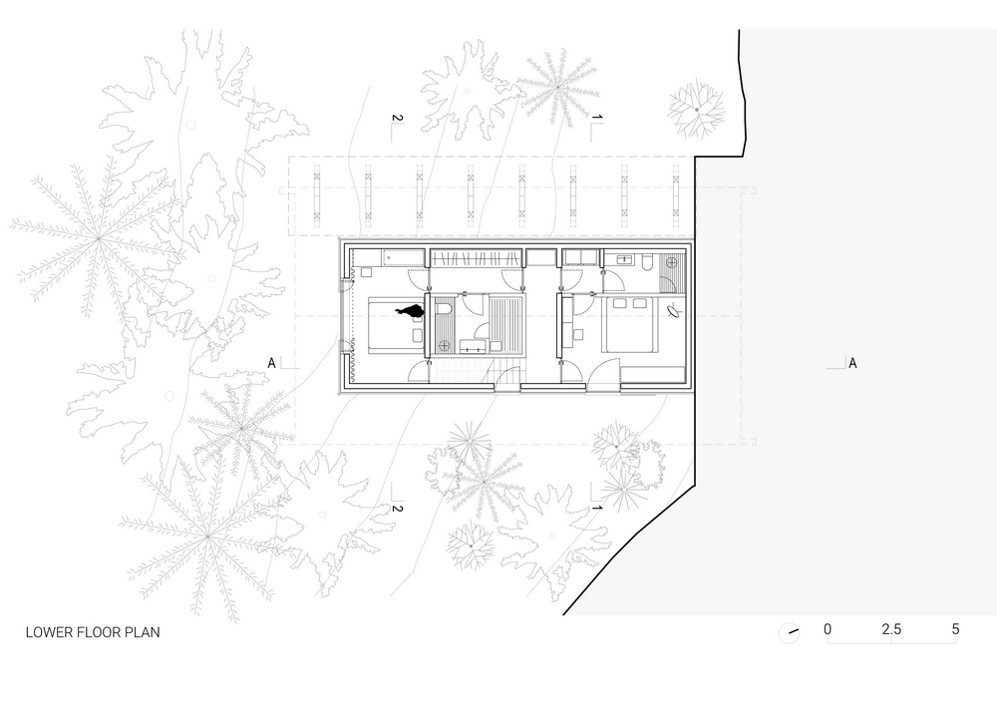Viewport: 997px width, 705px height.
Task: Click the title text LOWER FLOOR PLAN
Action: click(92, 632)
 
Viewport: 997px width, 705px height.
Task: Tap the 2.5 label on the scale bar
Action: click(891, 630)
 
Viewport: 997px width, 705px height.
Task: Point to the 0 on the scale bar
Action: click(828, 630)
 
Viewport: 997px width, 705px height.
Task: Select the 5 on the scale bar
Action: click(955, 630)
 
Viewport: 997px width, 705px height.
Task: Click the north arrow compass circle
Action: click(790, 632)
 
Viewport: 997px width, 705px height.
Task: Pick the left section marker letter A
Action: click(271, 363)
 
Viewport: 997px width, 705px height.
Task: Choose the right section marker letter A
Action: click(852, 363)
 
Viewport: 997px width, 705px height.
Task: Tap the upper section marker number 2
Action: click(396, 120)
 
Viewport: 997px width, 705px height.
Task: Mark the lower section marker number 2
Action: click(396, 509)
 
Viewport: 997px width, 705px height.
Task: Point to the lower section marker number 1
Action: click(596, 509)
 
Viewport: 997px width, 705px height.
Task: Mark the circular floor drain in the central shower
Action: click(444, 346)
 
